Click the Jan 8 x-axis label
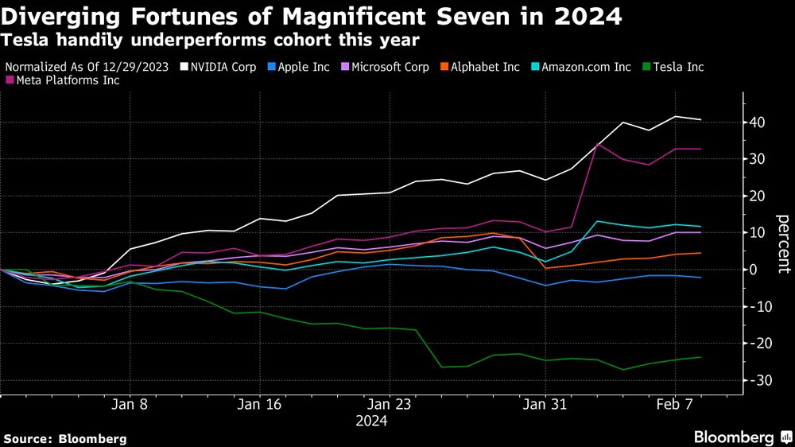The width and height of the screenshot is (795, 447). [x=133, y=404]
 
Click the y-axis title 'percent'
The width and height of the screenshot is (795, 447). [x=782, y=243]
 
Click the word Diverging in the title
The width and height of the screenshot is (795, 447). [x=72, y=16]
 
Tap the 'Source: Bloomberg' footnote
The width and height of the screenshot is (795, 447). [x=65, y=438]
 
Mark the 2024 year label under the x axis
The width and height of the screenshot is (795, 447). [x=372, y=421]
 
